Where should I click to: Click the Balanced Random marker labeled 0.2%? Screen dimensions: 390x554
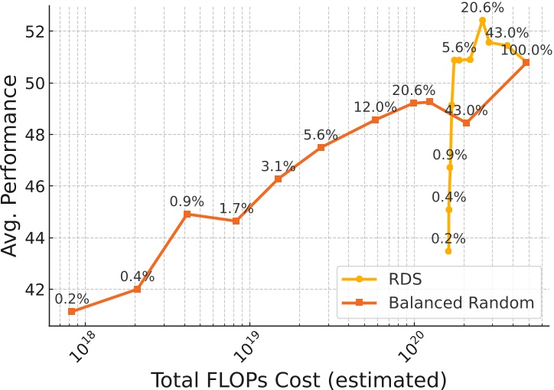[71, 311]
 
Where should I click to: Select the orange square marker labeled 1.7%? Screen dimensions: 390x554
[236, 221]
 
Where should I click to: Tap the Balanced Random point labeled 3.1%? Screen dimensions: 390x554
[279, 179]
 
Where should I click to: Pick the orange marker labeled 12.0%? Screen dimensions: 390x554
[375, 120]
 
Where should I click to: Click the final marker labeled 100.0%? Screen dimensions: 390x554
[526, 62]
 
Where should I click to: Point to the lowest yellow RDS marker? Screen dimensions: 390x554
[448, 251]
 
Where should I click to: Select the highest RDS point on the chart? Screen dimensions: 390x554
[482, 20]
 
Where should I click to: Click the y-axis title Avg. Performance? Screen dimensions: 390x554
[13, 166]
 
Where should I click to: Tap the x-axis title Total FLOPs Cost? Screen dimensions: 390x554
[298, 379]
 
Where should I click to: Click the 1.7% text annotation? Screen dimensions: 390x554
[235, 208]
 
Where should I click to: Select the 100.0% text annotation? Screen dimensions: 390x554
[526, 50]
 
